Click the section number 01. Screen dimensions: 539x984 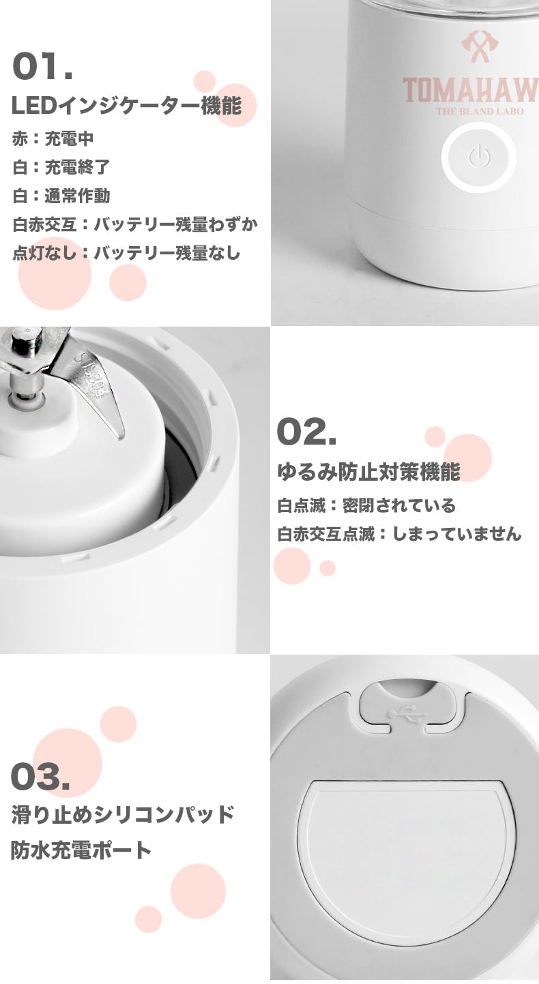42,66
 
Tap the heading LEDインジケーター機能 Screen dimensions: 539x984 127,106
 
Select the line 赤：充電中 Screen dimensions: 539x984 53,139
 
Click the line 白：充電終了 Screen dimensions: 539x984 61,167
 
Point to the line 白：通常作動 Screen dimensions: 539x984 61,196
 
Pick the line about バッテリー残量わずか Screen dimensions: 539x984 135,224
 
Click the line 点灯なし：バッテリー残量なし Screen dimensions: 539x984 127,253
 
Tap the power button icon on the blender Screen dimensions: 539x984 479,157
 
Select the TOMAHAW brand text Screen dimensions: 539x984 471,91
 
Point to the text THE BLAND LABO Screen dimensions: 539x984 480,111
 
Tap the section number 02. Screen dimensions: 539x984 306,432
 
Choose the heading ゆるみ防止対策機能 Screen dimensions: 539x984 368,472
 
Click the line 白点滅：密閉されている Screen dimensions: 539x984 366,505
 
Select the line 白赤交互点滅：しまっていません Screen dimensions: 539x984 399,534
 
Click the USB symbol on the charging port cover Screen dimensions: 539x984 407,715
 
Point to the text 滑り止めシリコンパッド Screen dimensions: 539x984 123,814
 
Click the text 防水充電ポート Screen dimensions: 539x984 81,850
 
